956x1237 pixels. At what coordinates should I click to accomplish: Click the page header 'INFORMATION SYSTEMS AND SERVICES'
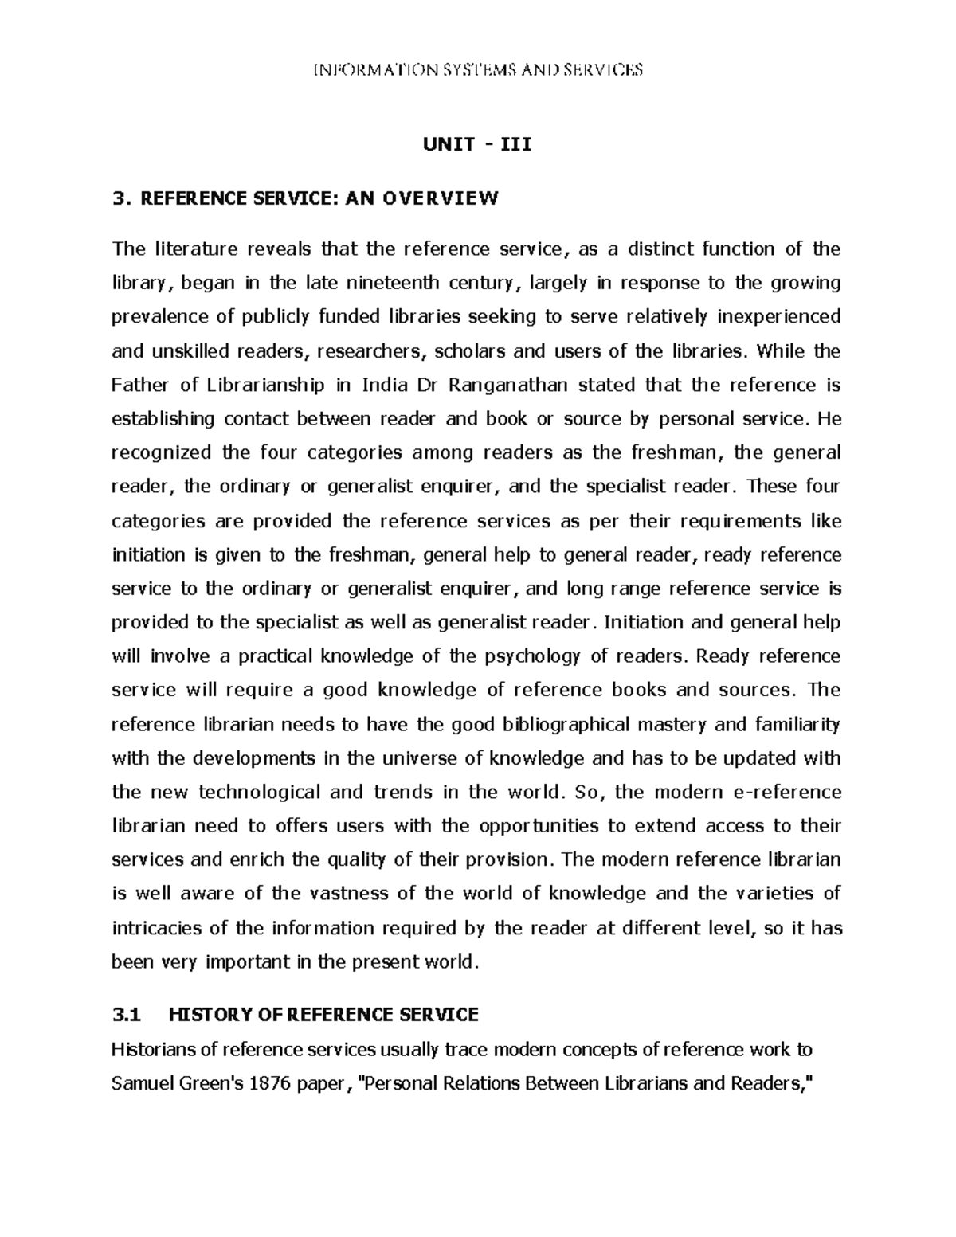tap(478, 70)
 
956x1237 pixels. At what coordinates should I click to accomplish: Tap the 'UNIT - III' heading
tap(476, 145)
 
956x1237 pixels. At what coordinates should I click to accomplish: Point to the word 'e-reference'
tap(786, 792)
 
